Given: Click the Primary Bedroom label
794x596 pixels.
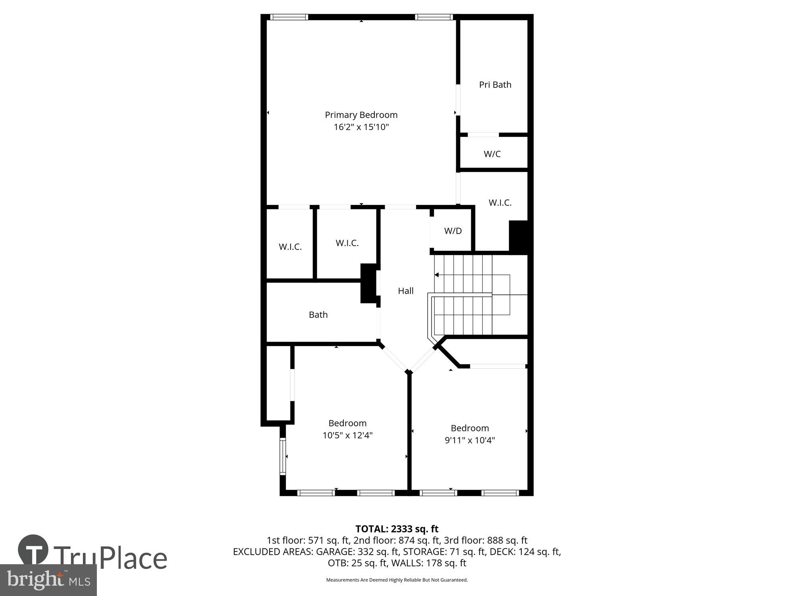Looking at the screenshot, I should coord(361,115).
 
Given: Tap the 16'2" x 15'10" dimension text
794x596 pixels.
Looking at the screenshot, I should coord(361,127).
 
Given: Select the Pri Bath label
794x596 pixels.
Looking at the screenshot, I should coord(495,85).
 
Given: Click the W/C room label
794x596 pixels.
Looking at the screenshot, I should coord(492,154).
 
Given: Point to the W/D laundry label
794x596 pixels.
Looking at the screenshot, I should coord(453,231).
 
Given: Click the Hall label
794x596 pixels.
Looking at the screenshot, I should coord(405,291).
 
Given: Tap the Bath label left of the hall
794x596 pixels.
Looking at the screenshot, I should coord(318,315).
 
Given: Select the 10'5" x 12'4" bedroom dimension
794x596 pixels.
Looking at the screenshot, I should coord(347,435).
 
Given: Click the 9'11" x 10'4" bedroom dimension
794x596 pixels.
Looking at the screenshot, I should coord(469,440).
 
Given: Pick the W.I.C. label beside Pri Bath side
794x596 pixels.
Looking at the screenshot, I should coord(499,203).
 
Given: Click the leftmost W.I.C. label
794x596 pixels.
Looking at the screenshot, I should coord(290,247).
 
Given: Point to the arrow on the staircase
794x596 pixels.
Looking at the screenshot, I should coord(436,275).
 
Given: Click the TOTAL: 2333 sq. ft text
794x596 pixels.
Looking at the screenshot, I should coord(397,529).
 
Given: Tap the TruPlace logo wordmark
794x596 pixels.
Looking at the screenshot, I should coord(110,558).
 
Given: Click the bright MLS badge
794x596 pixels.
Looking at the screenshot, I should coord(48,580).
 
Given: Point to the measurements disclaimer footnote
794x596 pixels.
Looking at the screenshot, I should coord(397,580).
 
